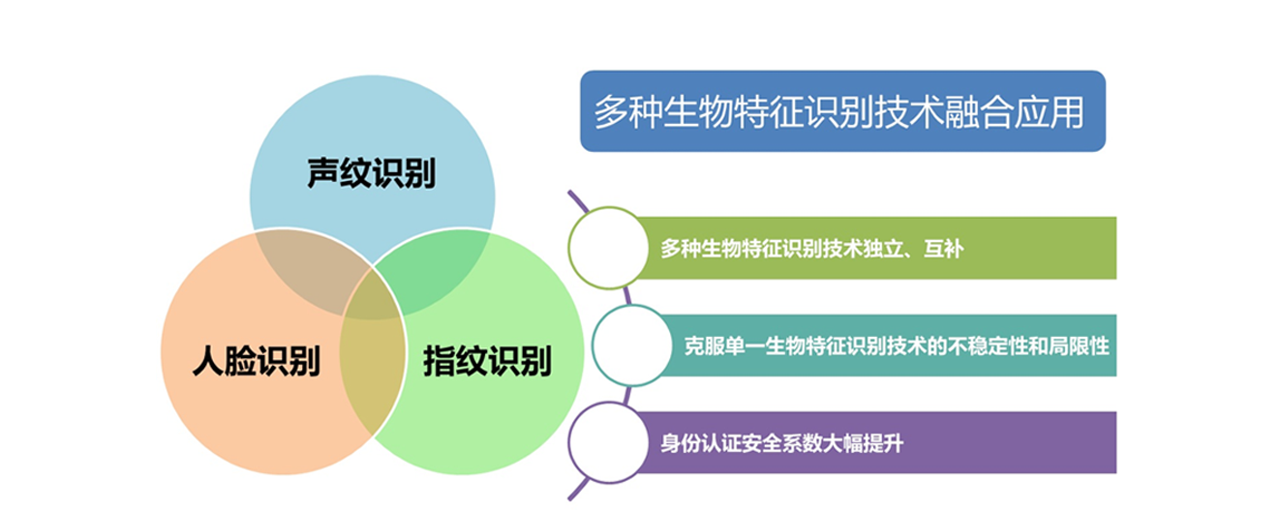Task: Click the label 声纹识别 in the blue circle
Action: click(372, 172)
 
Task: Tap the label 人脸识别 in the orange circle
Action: click(257, 360)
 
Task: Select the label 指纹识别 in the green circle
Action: click(487, 360)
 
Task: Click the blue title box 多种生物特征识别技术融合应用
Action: click(842, 111)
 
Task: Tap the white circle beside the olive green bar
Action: click(609, 247)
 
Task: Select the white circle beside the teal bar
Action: click(632, 346)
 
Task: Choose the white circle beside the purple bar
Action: click(609, 442)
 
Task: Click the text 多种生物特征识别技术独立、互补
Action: click(812, 249)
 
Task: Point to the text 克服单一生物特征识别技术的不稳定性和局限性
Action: click(897, 346)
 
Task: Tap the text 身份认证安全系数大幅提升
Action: click(781, 443)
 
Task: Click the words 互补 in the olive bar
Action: click(944, 249)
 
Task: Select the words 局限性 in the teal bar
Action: click(1080, 346)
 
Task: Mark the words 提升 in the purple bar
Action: click(883, 443)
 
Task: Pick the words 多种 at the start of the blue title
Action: click(628, 112)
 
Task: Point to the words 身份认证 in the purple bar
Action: click(701, 443)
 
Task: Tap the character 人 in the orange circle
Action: click(208, 360)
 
